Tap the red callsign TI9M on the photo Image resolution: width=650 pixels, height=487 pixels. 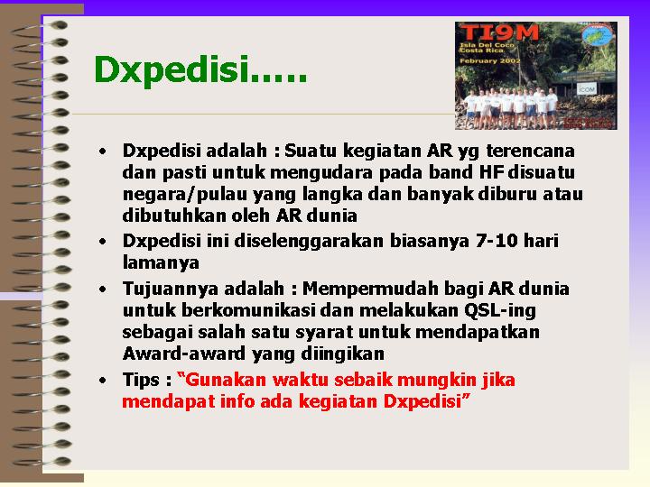(499, 32)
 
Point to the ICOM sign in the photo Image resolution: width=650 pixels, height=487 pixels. (586, 88)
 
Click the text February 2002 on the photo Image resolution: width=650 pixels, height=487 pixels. (490, 60)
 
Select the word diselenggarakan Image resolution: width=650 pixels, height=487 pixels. (309, 242)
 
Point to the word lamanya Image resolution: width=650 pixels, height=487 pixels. (161, 262)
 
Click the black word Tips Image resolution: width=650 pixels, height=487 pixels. (141, 381)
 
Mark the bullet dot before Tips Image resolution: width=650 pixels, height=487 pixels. (102, 381)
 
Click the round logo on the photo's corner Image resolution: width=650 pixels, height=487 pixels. (598, 35)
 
